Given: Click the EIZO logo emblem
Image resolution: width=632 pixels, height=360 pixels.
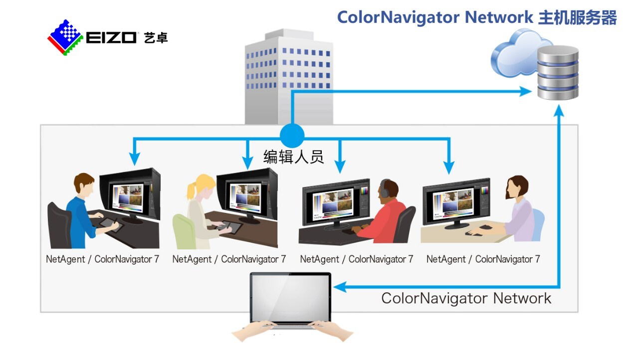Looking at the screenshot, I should pyautogui.click(x=65, y=38).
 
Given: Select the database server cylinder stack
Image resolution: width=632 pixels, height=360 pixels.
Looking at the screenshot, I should pyautogui.click(x=558, y=73).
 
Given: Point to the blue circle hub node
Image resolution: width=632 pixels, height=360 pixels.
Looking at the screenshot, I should pyautogui.click(x=292, y=136).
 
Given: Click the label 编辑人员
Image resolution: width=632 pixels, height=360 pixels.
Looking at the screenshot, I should pyautogui.click(x=293, y=157).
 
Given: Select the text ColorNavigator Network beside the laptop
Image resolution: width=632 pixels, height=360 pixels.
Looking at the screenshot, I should pyautogui.click(x=466, y=298).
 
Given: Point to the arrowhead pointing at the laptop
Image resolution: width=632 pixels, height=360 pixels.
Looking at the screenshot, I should pyautogui.click(x=340, y=287).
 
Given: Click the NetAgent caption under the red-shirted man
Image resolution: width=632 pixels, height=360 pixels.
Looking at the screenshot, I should pyautogui.click(x=357, y=259).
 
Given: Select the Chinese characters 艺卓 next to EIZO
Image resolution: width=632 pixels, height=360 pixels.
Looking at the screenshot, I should pyautogui.click(x=156, y=38).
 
